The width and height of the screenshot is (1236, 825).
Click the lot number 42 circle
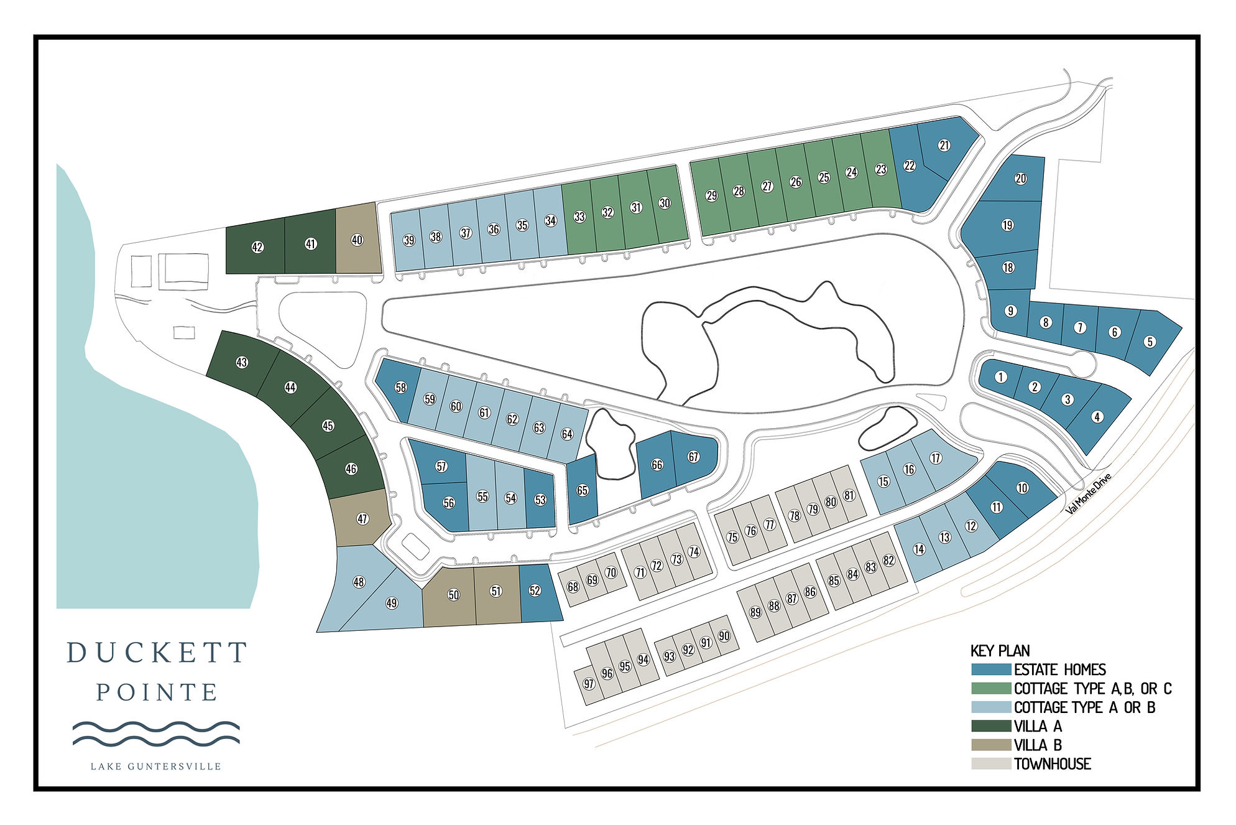257,247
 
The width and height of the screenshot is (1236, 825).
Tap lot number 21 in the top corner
944,146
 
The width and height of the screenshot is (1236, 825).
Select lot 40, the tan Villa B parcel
357,240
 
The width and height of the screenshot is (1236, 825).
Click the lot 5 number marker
1150,342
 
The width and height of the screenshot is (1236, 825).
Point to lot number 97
589,684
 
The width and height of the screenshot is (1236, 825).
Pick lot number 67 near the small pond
694,457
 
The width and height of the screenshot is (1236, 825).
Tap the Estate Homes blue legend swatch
991,669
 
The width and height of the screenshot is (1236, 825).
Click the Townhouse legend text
1052,764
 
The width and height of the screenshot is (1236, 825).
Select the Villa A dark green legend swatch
991,725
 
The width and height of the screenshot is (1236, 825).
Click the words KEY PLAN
1000,651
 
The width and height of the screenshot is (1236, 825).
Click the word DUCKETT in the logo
157,653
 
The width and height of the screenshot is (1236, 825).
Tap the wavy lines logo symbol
156,733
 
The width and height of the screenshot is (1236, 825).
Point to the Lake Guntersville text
156,767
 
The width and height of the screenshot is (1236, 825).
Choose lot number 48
359,582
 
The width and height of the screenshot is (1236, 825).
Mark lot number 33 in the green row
579,217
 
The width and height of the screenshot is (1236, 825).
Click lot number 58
401,388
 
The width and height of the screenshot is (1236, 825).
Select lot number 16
910,469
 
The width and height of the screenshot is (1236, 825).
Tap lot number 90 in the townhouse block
724,636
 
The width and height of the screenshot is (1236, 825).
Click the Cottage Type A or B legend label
1084,707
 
